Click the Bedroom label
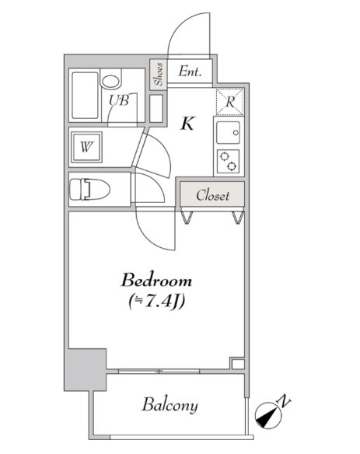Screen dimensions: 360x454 156,281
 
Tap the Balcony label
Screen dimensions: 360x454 170,405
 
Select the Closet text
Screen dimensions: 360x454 212,195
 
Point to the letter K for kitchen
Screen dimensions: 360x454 187,124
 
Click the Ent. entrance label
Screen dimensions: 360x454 190,71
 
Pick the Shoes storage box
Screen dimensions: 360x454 158,74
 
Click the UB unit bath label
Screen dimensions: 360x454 119,100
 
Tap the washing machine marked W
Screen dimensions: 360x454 86,147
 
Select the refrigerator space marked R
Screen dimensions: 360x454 229,102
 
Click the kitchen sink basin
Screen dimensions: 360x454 229,132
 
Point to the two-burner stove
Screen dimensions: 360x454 228,161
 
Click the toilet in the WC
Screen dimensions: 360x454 89,190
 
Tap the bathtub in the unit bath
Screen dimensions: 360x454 86,96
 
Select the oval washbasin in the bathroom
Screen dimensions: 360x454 110,82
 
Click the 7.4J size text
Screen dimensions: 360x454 157,302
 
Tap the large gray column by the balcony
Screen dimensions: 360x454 86,370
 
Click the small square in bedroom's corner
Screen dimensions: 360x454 238,364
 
